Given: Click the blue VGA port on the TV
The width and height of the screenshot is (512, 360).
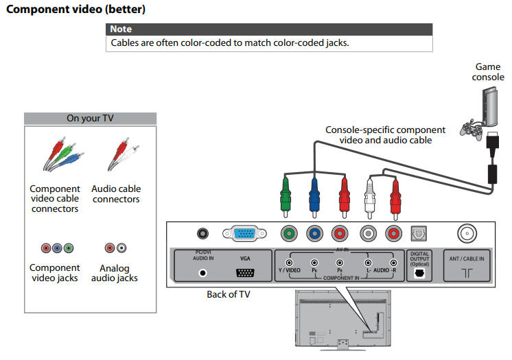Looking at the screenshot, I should click(x=244, y=234).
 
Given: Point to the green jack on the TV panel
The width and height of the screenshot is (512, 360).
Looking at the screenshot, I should click(x=289, y=234).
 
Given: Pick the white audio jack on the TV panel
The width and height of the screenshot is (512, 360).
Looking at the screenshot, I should click(x=369, y=234).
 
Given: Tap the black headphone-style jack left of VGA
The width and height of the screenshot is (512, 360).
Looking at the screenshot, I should click(x=203, y=234).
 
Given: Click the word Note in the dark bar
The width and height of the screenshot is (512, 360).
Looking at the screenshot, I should click(x=121, y=29).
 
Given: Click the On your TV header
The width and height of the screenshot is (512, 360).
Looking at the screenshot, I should click(x=90, y=118).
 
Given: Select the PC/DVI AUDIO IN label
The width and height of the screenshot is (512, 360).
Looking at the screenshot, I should click(x=203, y=256).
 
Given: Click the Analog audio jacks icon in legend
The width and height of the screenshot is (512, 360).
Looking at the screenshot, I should click(x=115, y=248).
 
